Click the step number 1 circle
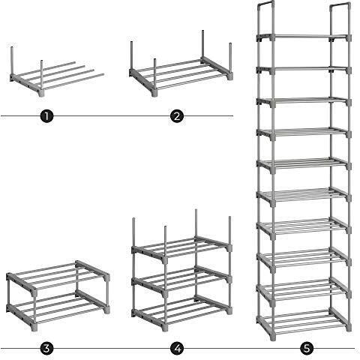47,116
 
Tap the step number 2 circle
177,116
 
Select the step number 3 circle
47,348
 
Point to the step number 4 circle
177,348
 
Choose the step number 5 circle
307,348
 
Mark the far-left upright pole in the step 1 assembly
12,60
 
